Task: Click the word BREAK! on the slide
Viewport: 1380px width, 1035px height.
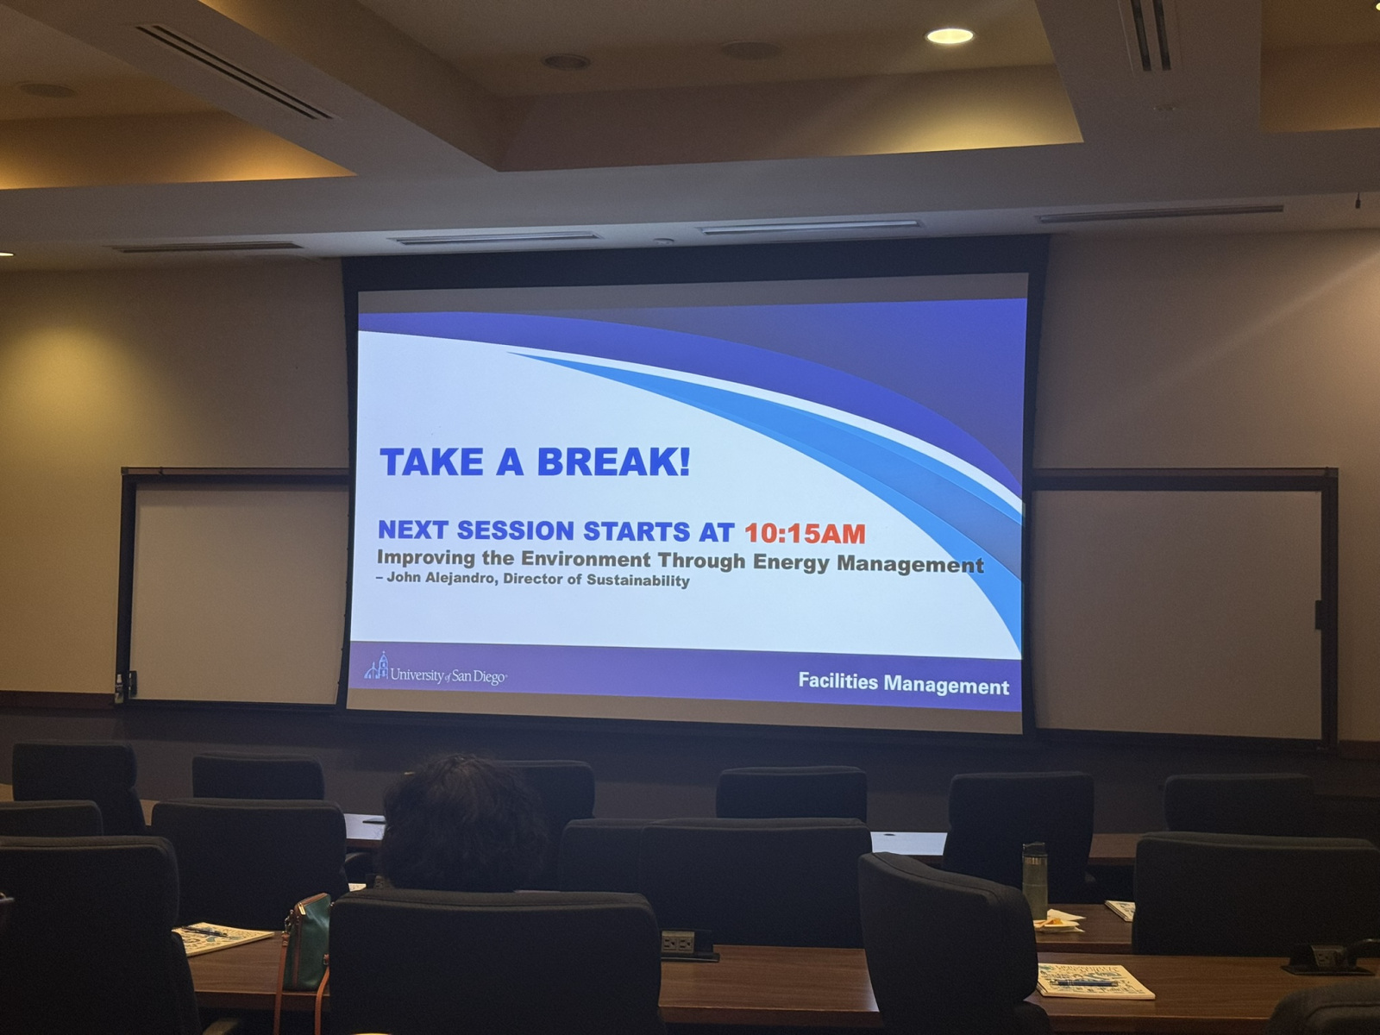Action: tap(613, 462)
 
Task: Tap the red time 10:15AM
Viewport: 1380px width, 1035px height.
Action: tap(805, 534)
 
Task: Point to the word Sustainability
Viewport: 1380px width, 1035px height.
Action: tap(638, 580)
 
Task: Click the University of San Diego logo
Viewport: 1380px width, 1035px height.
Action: tap(436, 670)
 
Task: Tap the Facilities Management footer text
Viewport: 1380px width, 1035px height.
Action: tap(903, 684)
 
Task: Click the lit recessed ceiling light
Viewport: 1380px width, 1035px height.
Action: tap(950, 36)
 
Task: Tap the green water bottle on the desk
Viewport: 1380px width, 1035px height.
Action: tap(1034, 881)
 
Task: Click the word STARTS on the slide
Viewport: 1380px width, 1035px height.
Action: tap(637, 531)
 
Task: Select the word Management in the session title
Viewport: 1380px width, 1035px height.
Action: tap(910, 564)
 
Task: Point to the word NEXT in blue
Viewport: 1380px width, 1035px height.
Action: tap(412, 529)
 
